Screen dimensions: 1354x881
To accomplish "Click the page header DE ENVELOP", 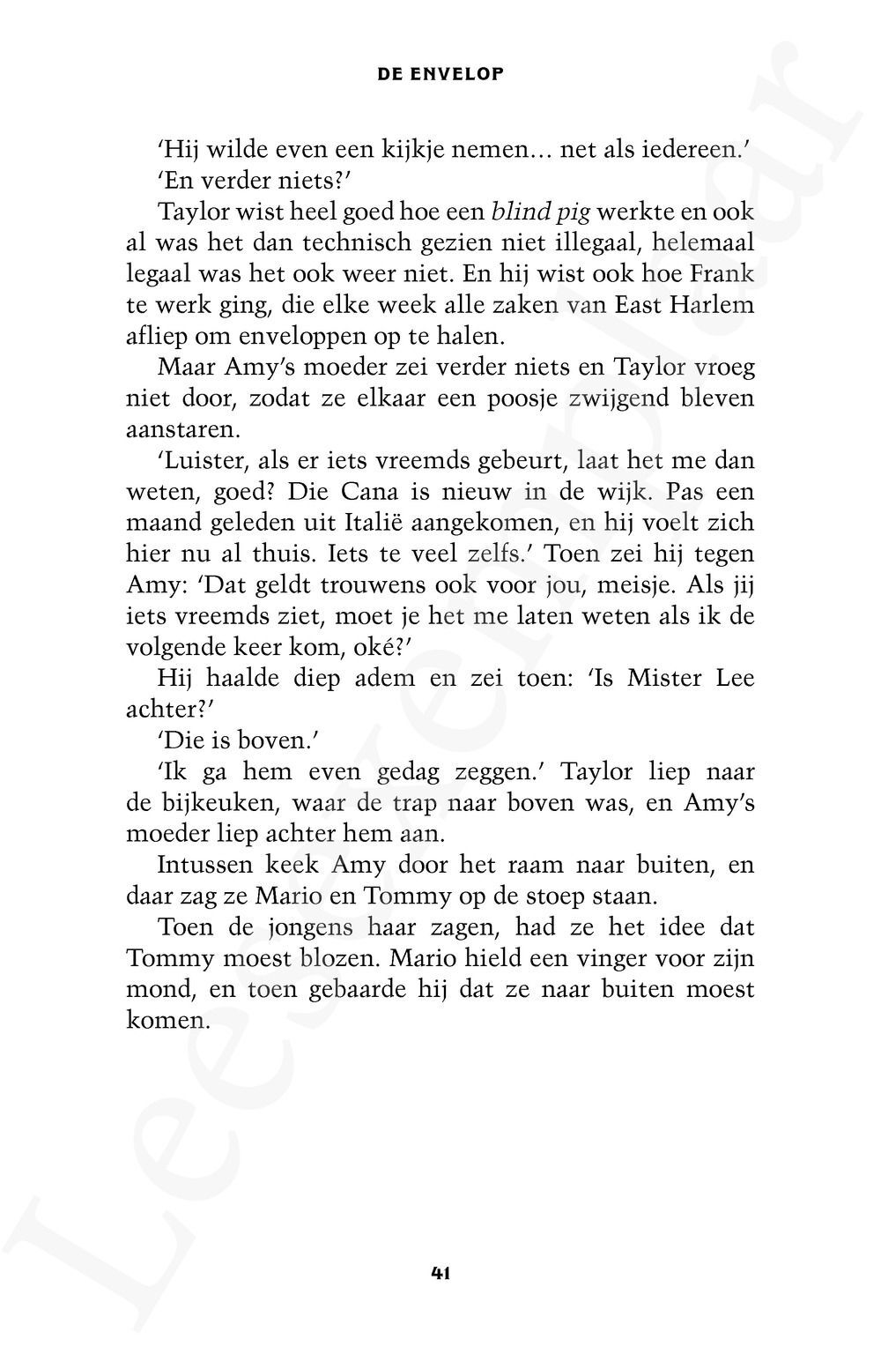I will [x=440, y=74].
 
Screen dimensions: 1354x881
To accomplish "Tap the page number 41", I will [x=440, y=1272].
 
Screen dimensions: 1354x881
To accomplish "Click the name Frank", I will [x=722, y=273].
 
